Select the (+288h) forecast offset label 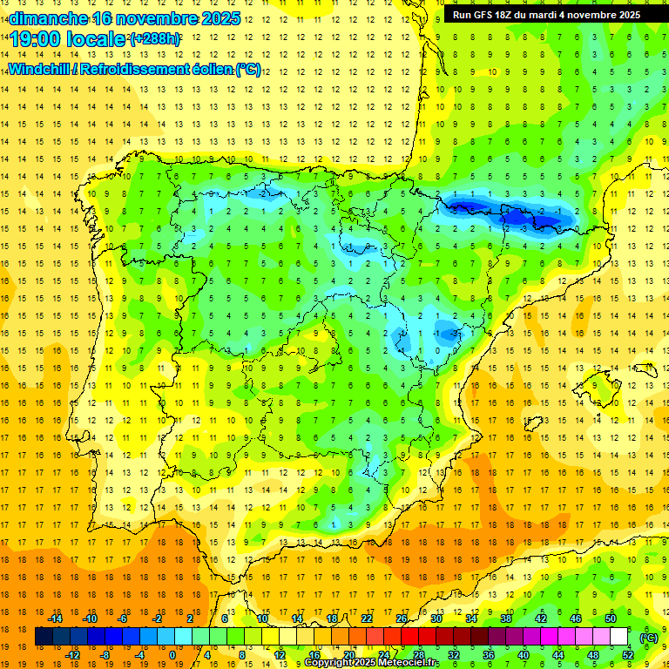[155, 39]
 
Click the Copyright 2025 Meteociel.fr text [371, 663]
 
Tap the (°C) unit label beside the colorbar [648, 637]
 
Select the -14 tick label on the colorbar [55, 618]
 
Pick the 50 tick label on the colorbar [611, 618]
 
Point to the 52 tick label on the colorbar [628, 654]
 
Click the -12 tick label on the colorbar [72, 654]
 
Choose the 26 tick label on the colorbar [402, 618]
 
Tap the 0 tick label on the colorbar [172, 654]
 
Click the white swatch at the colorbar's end [618, 637]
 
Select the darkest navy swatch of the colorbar [44, 637]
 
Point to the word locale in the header [97, 39]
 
